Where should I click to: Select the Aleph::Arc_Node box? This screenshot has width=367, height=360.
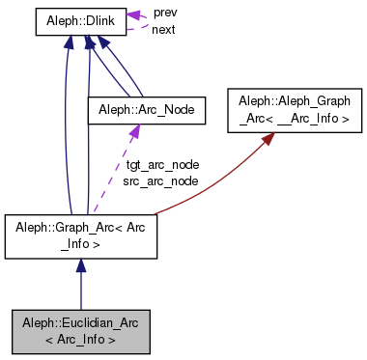tap(148, 111)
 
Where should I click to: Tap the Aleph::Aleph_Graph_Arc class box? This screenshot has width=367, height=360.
tap(289, 109)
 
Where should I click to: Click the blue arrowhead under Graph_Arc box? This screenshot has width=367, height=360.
tap(81, 265)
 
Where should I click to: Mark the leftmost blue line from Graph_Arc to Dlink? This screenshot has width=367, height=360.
tap(65, 125)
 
